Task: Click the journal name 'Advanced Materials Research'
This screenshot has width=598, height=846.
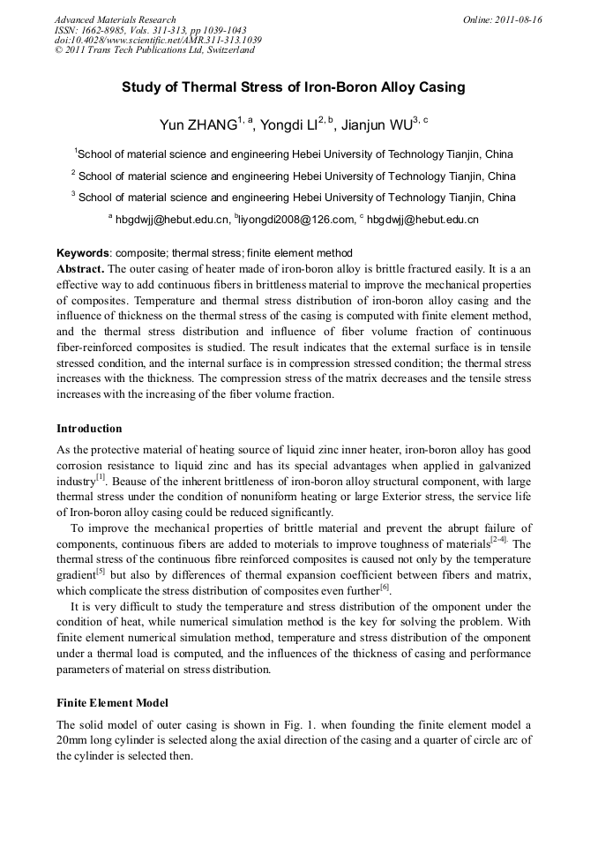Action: click(x=115, y=19)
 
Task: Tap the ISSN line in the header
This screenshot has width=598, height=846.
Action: click(x=150, y=30)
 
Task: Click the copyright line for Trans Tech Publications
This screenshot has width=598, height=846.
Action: click(x=154, y=50)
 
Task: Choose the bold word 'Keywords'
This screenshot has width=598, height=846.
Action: click(x=84, y=253)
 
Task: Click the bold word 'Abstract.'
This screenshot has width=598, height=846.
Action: click(x=80, y=267)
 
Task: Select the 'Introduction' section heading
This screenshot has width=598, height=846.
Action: click(x=89, y=429)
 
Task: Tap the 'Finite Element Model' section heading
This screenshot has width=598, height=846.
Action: click(x=112, y=703)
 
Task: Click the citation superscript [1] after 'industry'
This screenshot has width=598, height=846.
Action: click(x=101, y=477)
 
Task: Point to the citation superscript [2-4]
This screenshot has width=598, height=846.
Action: click(x=499, y=539)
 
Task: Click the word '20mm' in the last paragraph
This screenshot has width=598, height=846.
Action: click(x=73, y=741)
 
